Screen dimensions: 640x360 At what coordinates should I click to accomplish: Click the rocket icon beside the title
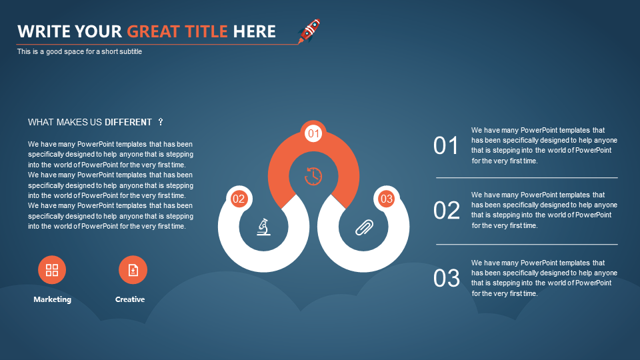(309, 31)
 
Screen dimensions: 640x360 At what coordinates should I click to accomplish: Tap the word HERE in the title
(254, 31)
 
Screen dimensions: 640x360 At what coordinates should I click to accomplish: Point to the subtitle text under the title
(79, 51)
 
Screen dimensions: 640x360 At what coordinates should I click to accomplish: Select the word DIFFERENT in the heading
(128, 122)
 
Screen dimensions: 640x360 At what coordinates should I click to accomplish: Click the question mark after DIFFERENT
(161, 121)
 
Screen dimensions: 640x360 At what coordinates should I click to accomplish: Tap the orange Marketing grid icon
(52, 270)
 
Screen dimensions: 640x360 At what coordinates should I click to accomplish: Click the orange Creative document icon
(133, 270)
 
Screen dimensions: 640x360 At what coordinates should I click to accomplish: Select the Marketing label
(52, 299)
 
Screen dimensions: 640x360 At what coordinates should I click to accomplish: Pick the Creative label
(130, 299)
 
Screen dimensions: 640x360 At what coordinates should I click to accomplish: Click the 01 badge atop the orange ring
(313, 133)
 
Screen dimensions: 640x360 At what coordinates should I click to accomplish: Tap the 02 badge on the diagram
(239, 199)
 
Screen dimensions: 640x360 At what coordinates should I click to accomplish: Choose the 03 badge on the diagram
(386, 199)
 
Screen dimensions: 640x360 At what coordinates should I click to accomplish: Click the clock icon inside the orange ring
(313, 176)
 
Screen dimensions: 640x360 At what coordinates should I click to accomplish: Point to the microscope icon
(264, 227)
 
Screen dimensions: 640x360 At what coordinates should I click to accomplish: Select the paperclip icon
(364, 228)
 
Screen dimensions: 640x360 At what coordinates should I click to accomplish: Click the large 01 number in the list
(446, 146)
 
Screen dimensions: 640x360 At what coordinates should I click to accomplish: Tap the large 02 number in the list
(447, 211)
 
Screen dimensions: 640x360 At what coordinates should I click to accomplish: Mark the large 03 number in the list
(447, 279)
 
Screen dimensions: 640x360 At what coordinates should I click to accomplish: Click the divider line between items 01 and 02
(527, 178)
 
